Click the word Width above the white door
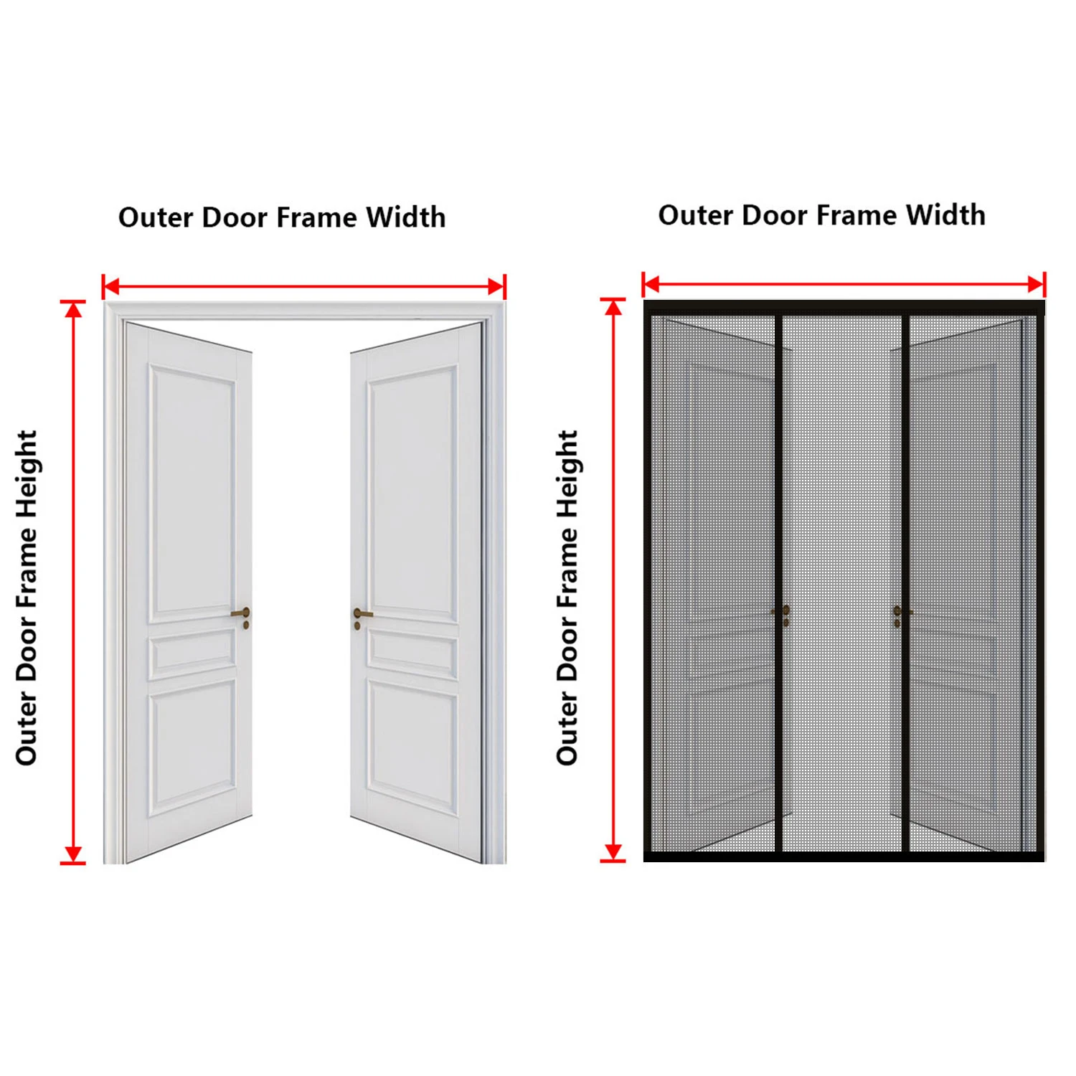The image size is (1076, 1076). pos(406,217)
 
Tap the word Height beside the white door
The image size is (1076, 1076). pos(27,474)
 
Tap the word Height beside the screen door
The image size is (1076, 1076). pos(567,474)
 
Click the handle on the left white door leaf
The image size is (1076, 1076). pos(242,615)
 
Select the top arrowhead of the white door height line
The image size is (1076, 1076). pos(73,309)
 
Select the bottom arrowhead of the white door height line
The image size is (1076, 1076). pos(73,854)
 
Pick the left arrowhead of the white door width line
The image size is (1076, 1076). pos(111,287)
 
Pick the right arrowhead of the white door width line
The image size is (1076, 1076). pos(496,287)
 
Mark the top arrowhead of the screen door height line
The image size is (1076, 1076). pos(613,307)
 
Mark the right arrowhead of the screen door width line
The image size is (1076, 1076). pos(1036,284)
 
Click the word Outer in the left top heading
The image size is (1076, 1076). pos(156,217)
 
